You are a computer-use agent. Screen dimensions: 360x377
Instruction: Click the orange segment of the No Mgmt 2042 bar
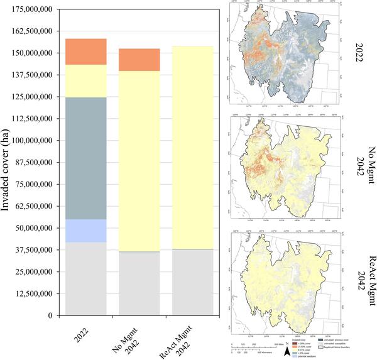pos(139,60)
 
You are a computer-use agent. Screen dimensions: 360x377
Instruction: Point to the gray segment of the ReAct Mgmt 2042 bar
pos(193,282)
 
